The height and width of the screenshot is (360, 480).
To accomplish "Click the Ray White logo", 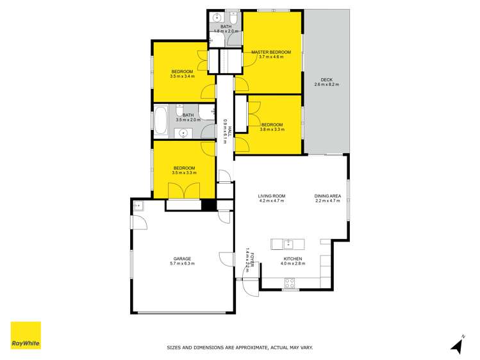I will coord(26,336).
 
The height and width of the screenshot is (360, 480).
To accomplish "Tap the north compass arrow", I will coord(457,345).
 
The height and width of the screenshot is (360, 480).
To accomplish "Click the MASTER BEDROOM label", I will coord(271,52).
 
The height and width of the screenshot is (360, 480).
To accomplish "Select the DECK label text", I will coord(327,80).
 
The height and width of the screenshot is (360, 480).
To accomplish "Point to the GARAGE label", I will coord(182,258).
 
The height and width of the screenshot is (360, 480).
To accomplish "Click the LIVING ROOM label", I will coord(271,196).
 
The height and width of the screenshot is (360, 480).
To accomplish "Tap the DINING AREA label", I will coord(327,196).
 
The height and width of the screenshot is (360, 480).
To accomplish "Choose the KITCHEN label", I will coord(292,258).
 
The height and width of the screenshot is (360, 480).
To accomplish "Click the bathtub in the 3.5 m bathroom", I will coord(160,120).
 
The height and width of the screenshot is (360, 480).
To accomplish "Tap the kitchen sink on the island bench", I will coord(288,243).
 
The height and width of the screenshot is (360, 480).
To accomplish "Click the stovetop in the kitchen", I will coord(289,281).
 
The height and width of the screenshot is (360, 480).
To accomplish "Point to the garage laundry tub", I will coord(138,206).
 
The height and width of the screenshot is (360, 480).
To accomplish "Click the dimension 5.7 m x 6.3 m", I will coord(182,263).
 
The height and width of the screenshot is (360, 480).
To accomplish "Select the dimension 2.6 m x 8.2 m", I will coord(327,85).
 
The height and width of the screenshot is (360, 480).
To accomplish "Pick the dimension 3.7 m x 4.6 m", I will coord(271,57).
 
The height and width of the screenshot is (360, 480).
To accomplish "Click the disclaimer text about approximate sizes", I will coord(240,348).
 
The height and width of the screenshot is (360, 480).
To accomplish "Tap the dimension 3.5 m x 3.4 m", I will coord(183,76).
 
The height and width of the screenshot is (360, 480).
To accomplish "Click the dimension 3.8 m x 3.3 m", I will coord(272,129).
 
